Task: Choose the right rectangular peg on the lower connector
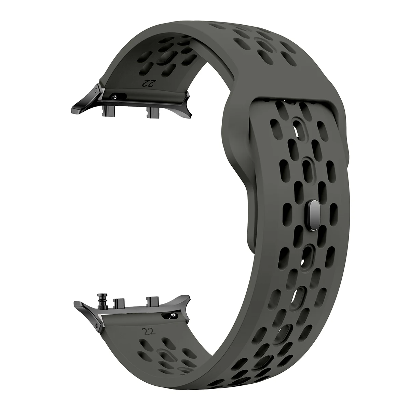[151, 301]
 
